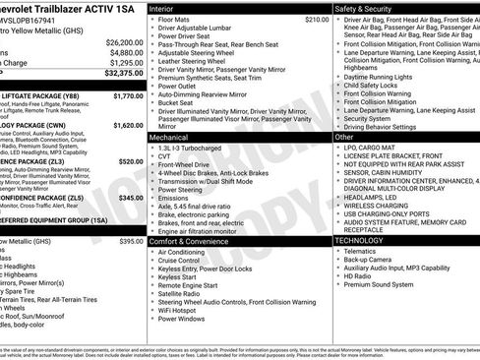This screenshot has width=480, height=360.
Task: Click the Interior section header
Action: (162, 8)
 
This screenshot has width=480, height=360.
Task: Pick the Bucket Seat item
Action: (177, 102)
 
